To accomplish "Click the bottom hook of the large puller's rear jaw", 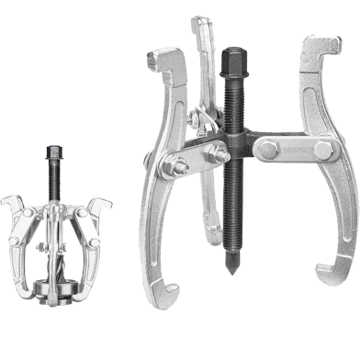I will click(212, 241).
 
